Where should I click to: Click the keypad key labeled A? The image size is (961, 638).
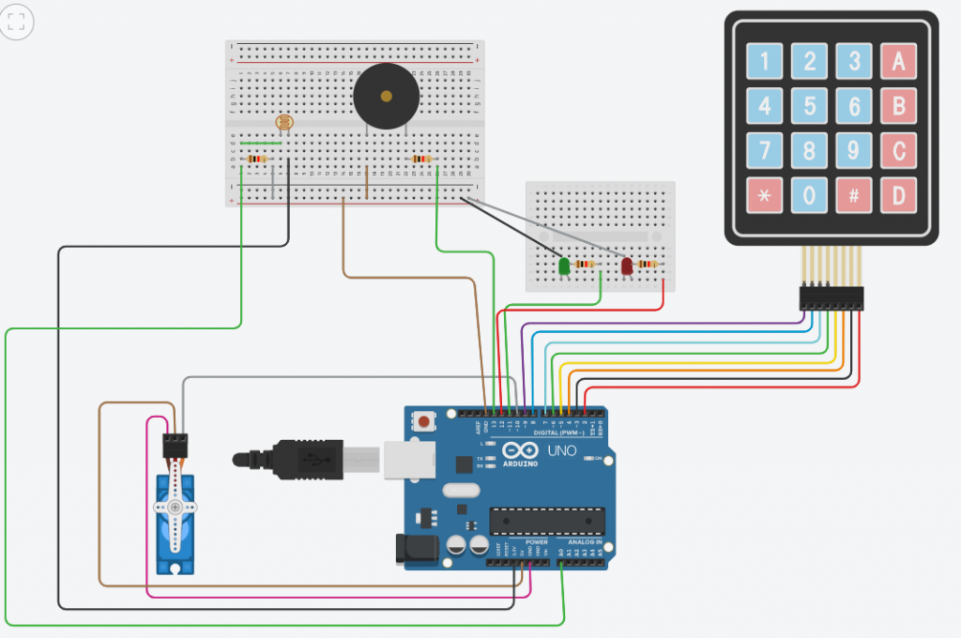coord(898,62)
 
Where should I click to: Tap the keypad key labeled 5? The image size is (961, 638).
coord(809,106)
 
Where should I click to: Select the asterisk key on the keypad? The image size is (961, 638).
coord(764,194)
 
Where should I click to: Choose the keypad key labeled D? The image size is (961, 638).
coord(898,194)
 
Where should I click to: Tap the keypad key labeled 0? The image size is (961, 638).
coord(809,194)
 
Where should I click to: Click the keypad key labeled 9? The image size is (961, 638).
coord(854,150)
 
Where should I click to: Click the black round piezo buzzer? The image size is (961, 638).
coord(386,96)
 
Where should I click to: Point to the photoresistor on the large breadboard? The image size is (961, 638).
coord(284,122)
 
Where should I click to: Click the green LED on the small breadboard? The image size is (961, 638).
coord(565,266)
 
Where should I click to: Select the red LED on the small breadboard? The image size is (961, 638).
coord(627,266)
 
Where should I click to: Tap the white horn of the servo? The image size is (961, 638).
coord(175,507)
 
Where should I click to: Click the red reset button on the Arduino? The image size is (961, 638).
coord(425,422)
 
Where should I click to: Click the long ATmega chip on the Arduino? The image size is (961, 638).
coord(546,519)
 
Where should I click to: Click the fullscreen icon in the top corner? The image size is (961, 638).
coord(16,22)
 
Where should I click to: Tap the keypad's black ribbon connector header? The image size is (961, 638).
coord(831,298)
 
